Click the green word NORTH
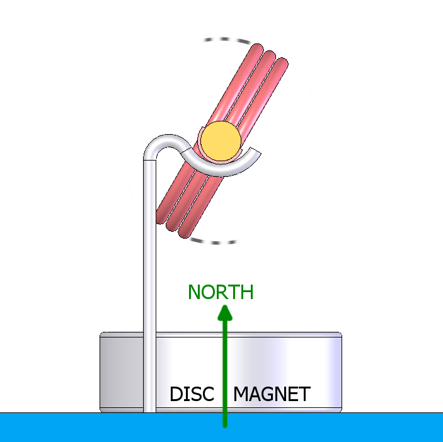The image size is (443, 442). click(x=221, y=292)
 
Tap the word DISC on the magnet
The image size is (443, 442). click(x=192, y=395)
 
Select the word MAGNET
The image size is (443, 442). click(x=272, y=395)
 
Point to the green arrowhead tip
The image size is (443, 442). click(x=224, y=307)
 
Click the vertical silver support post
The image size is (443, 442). click(x=149, y=283)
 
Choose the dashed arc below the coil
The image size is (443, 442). click(x=214, y=241)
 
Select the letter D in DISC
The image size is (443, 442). click(x=176, y=395)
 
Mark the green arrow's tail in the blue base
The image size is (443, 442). click(x=224, y=423)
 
